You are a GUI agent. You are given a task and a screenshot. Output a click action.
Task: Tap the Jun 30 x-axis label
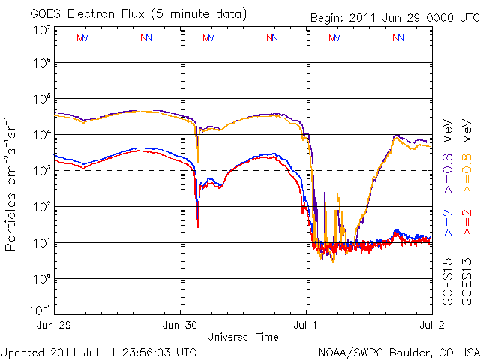pyautogui.click(x=179, y=325)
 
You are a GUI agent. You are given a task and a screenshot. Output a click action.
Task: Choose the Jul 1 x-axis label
pyautogui.click(x=305, y=325)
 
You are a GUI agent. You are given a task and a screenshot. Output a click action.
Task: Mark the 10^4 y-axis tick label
pyautogui.click(x=41, y=135)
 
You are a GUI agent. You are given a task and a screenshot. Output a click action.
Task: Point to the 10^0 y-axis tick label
pyautogui.click(x=41, y=279)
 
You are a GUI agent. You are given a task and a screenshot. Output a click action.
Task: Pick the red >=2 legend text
pyautogui.click(x=467, y=223)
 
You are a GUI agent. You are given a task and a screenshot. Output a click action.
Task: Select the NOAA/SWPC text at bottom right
pyautogui.click(x=350, y=351)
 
